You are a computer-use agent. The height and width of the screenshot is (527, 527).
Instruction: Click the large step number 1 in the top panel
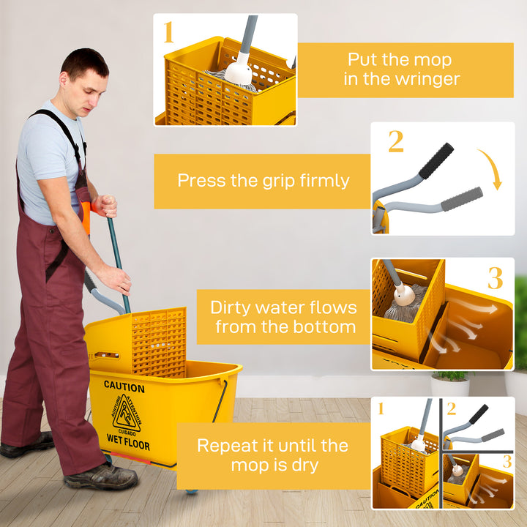169,33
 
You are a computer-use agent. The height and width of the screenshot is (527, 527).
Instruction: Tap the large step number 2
395,141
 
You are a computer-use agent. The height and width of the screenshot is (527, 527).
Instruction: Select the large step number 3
496,278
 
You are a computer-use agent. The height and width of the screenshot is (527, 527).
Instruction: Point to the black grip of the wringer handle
436,160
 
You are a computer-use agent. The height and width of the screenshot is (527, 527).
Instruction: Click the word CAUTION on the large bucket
124,385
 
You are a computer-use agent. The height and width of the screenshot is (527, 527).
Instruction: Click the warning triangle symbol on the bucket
127,414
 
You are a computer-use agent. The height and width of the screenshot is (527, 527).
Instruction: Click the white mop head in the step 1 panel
238,72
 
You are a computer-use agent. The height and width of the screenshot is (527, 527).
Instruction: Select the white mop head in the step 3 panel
403,294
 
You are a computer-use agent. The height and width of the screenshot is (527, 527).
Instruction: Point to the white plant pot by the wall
449,385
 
